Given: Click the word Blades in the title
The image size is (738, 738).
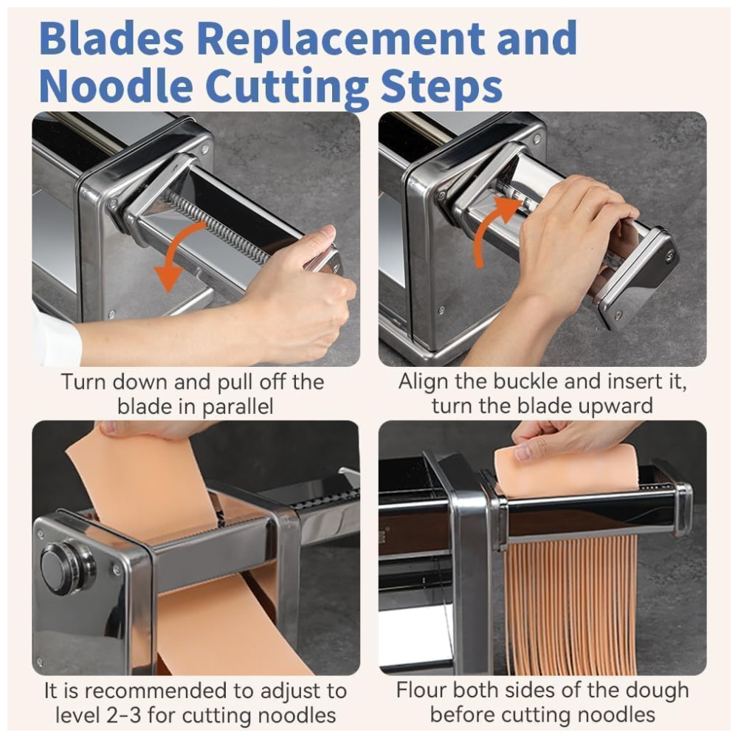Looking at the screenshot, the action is (x=111, y=38).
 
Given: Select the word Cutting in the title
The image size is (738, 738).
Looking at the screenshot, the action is (x=286, y=88).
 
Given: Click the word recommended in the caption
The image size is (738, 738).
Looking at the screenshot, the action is (x=160, y=691).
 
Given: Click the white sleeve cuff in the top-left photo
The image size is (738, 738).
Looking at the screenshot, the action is (x=55, y=337).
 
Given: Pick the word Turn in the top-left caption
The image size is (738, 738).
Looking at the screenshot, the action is (x=83, y=382).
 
